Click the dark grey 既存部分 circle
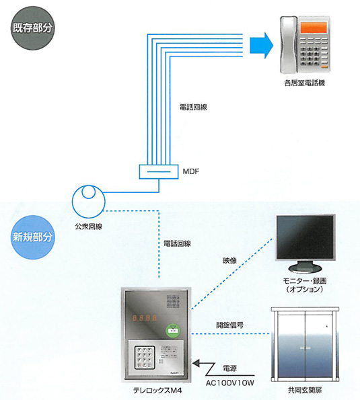coord(32,28)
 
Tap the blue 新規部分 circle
coord(32,237)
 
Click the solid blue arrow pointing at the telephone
coord(261,46)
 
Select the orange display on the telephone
coord(314,28)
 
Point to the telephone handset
coord(289,44)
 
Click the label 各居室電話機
coord(305,83)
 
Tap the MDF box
coord(159,171)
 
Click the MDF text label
coord(190,171)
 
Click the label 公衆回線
coord(89,227)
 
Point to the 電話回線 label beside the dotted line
coord(177,243)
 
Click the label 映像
coord(229,261)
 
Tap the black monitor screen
coord(305,237)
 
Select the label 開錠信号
coord(229,325)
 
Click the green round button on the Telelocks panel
coord(173,331)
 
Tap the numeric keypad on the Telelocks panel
coord(145,358)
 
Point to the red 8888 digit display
coord(145,318)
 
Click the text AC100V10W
coord(230,383)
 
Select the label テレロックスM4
coord(157,391)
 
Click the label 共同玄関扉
coord(305,390)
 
